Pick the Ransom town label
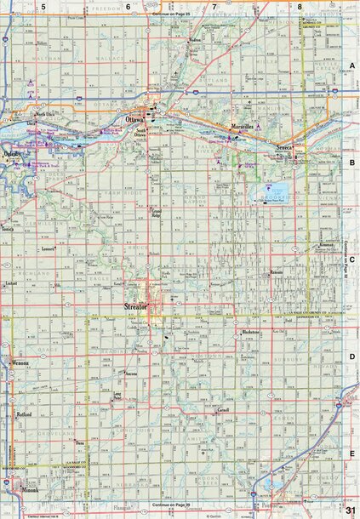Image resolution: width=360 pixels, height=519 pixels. click(276, 273)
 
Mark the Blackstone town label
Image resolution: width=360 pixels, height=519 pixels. click(250, 332)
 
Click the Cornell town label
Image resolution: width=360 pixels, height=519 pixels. click(223, 409)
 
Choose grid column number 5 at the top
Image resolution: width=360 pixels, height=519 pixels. click(42, 6)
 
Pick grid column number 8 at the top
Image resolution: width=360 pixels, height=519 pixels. click(300, 6)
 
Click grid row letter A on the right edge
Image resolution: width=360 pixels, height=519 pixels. click(351, 66)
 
